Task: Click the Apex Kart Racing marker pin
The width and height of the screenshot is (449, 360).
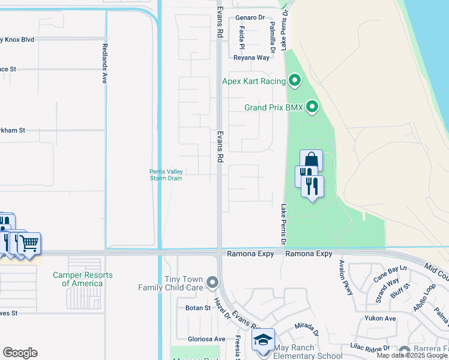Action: (294, 80)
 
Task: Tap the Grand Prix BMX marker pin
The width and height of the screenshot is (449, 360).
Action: (312, 107)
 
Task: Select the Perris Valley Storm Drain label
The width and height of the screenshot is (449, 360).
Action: (166, 175)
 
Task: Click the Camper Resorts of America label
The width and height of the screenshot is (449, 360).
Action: (82, 279)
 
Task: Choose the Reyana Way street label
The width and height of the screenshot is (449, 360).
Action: (252, 58)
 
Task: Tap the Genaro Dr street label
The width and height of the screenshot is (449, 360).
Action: (250, 18)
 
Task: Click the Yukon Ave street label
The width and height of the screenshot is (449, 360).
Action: (382, 319)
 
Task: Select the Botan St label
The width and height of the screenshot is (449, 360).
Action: (199, 308)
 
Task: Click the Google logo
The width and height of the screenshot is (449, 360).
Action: (20, 353)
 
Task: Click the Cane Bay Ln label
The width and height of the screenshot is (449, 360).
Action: (390, 273)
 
